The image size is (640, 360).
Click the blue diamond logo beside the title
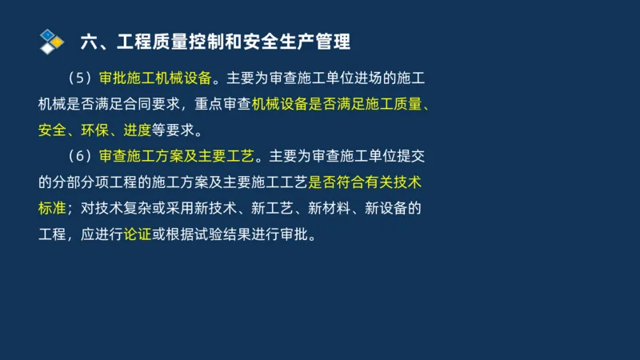click(x=52, y=40)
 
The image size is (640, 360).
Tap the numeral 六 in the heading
click(x=90, y=40)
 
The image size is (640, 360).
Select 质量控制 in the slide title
click(x=194, y=40)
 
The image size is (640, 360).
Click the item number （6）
click(x=82, y=155)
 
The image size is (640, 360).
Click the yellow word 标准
click(x=53, y=208)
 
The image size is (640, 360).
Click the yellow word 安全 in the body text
click(x=53, y=130)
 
